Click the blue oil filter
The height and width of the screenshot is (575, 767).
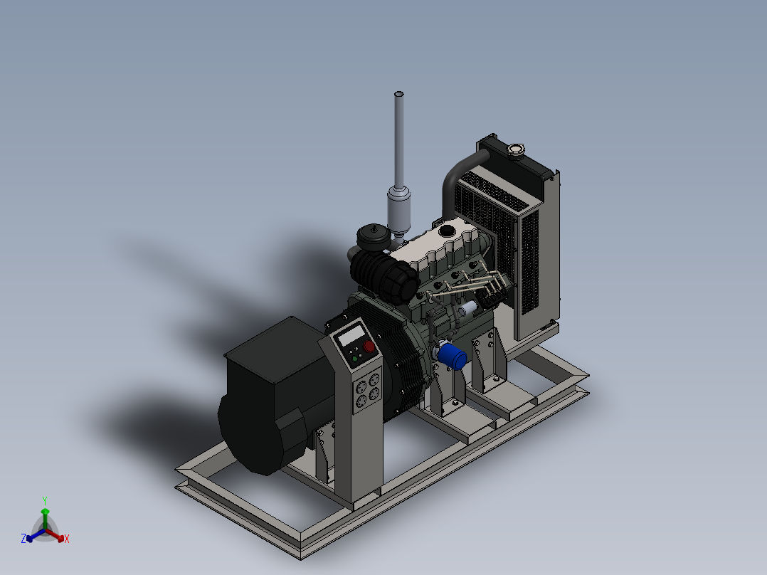point(451,357)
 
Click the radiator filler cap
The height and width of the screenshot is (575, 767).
point(514,149)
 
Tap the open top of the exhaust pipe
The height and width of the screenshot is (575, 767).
point(399,94)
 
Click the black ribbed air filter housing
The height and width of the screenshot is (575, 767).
point(384,275)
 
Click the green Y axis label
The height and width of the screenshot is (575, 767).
point(44,500)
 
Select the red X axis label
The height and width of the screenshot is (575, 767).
point(67,539)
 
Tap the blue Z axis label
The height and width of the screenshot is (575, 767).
point(23,539)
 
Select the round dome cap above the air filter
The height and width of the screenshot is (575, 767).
point(373,236)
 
